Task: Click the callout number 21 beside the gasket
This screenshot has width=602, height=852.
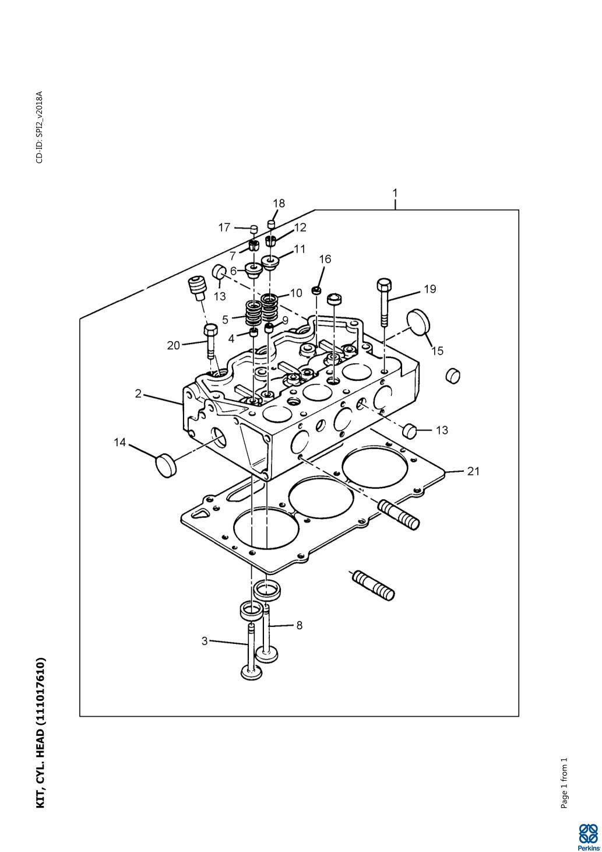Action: coord(473,472)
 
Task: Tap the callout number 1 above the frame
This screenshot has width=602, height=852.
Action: coord(395,193)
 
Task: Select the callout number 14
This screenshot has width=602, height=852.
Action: coord(119,443)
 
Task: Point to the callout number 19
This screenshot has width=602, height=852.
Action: coord(430,289)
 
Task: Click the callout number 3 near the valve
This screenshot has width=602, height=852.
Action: coord(205,641)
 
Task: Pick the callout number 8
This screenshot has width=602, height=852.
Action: coord(300,625)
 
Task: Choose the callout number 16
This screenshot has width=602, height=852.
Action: coord(325,259)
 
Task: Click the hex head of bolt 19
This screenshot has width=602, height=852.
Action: coord(384,285)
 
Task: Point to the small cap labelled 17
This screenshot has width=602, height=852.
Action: coord(254,229)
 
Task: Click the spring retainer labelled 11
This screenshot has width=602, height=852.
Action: coord(270,262)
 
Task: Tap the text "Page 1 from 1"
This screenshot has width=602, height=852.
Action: coord(564,777)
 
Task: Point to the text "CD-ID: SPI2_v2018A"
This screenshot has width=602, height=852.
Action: coord(40,127)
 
